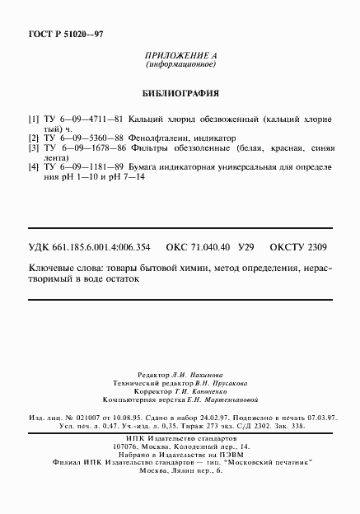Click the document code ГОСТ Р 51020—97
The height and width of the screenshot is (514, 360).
[56, 34]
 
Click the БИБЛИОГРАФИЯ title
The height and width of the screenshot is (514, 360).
[180, 93]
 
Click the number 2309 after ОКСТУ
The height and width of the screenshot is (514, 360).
[317, 246]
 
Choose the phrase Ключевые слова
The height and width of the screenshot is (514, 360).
[63, 269]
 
